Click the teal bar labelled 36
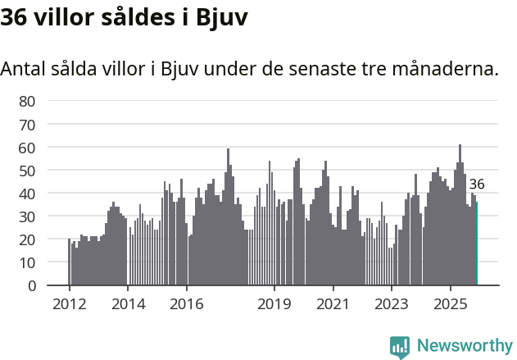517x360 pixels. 476,244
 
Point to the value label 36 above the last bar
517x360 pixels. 477,185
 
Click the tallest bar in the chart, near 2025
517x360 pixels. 460,216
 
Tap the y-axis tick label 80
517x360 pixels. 27,101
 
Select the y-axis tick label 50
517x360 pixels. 27,171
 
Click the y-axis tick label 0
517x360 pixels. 31,286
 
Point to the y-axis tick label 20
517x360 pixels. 27,239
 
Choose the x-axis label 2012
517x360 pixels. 69,303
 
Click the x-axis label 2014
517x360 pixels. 127,303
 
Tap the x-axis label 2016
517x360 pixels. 186,303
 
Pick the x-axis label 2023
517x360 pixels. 391,303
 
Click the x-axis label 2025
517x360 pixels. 450,303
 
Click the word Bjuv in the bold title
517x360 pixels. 221,17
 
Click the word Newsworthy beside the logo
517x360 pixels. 465,346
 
